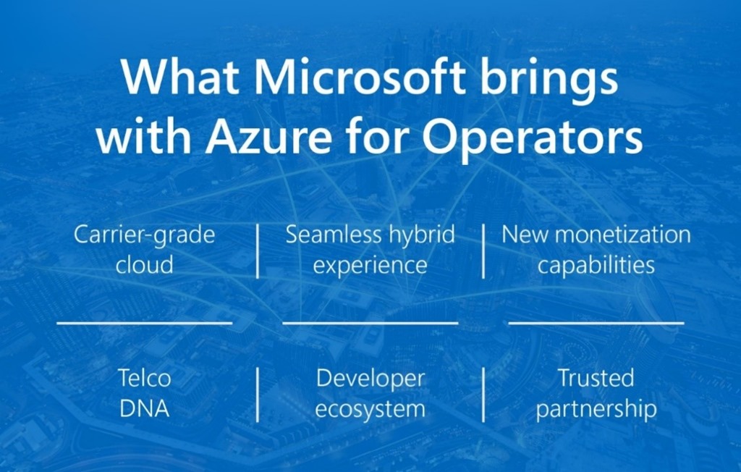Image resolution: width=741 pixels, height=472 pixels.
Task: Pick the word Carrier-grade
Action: pos(144,235)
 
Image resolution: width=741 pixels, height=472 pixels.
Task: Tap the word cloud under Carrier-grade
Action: pos(144,264)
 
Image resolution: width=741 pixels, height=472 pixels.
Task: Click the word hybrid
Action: pos(423,235)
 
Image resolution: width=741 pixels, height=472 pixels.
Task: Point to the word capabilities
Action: pos(596,265)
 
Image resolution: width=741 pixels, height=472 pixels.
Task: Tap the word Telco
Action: pos(144,378)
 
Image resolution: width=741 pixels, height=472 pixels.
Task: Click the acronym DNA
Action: pos(144,408)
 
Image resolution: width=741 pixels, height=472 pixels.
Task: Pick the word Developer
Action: pos(370,379)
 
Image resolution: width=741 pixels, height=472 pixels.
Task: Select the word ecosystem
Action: pos(370,409)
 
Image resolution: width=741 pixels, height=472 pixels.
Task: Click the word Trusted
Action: pos(596,378)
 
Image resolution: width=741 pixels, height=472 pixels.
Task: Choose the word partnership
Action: pos(596,410)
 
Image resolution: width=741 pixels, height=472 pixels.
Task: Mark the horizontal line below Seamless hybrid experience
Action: pos(370,323)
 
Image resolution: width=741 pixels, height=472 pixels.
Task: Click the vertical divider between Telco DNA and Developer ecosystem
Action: pos(258,394)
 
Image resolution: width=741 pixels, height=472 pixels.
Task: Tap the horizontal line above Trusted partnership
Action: pos(596,323)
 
